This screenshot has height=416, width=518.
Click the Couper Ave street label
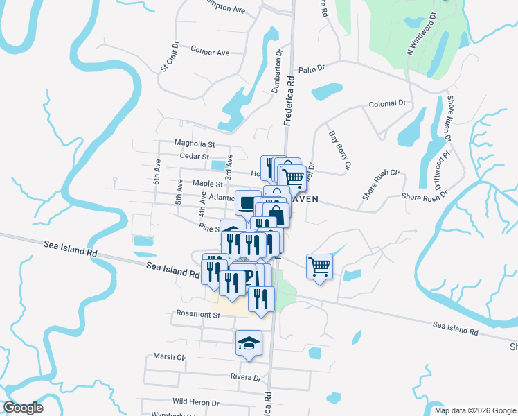[x=210, y=53]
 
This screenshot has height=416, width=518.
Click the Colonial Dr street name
[x=387, y=103]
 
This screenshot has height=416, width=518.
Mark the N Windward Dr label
[x=421, y=33]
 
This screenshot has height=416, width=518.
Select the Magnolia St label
[x=195, y=144]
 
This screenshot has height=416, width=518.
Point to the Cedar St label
[x=195, y=157]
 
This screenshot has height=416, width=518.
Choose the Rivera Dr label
[x=246, y=378]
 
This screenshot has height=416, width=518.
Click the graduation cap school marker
[x=249, y=343]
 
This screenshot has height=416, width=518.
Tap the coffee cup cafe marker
[x=248, y=202]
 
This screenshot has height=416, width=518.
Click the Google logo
[x=23, y=408]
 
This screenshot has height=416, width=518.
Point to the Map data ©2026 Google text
[x=474, y=410]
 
